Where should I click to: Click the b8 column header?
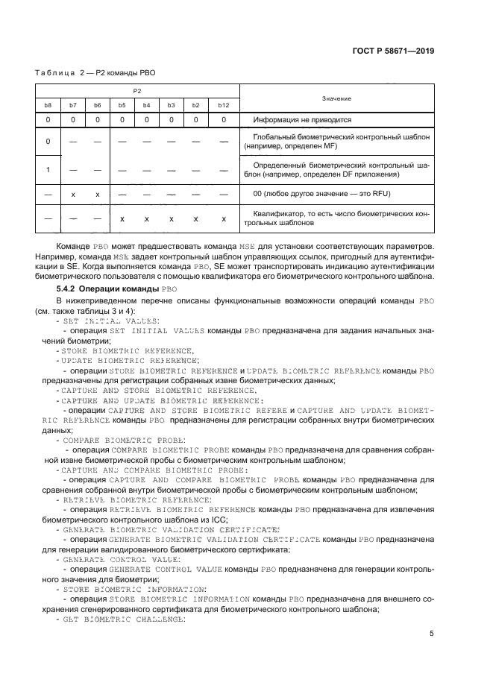[48, 105]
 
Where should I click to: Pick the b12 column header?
[223, 105]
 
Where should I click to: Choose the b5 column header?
[122, 105]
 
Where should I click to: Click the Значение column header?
[336, 98]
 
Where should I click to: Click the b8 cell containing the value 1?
[48, 169]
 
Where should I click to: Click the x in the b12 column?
[223, 218]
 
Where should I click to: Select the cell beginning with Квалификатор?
[336, 218]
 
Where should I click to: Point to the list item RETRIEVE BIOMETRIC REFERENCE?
[126, 499]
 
